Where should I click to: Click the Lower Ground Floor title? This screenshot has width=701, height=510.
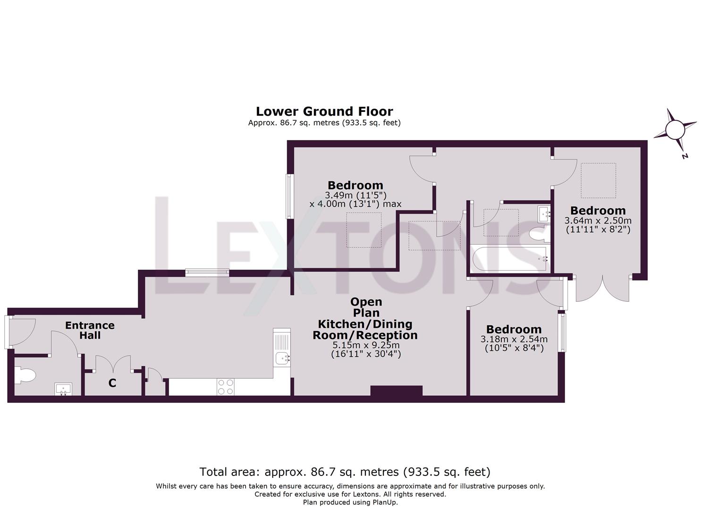point(324,111)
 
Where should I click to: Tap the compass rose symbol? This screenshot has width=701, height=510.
point(675,129)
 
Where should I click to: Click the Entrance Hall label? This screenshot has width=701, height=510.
point(90,330)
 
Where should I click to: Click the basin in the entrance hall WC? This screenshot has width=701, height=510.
point(63,389)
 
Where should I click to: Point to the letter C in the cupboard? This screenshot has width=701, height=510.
point(112,383)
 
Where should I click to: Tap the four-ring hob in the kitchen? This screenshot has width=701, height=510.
point(226,387)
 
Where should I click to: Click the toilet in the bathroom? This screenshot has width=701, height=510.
point(538,234)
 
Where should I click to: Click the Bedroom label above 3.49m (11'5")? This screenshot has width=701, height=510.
point(355,185)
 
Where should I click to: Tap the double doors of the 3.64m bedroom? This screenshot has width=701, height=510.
point(602,288)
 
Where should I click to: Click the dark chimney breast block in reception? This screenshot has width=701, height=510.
point(396,391)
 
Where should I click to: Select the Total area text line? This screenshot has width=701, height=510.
point(345,471)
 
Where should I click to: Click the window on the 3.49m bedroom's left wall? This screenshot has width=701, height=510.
point(288,196)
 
